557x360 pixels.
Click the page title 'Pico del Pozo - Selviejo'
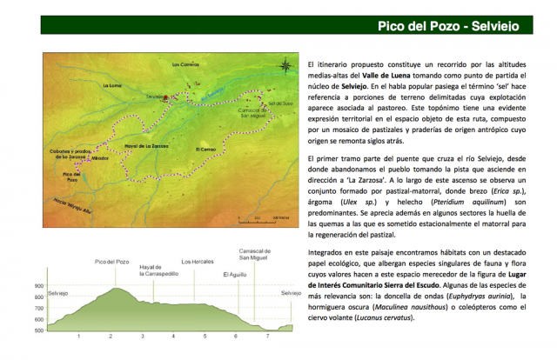tap(448, 26)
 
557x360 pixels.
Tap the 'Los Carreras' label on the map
tap(185, 64)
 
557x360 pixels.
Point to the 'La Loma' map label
tap(112, 86)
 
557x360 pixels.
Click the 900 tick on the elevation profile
tap(38, 286)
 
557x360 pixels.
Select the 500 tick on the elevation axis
tap(38, 330)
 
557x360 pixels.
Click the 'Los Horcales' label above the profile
tap(196, 261)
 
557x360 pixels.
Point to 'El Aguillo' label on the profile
tap(235, 275)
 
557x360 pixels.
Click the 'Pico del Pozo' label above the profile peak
tap(111, 261)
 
